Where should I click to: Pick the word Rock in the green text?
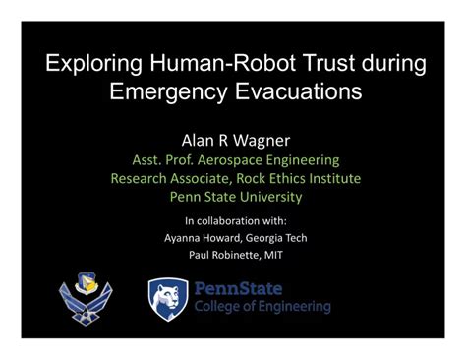[x=250, y=178]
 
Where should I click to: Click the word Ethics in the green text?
[x=290, y=178]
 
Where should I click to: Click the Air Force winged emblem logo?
[x=87, y=298]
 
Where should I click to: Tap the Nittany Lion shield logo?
[x=167, y=297]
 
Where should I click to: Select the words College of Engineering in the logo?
[x=262, y=307]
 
